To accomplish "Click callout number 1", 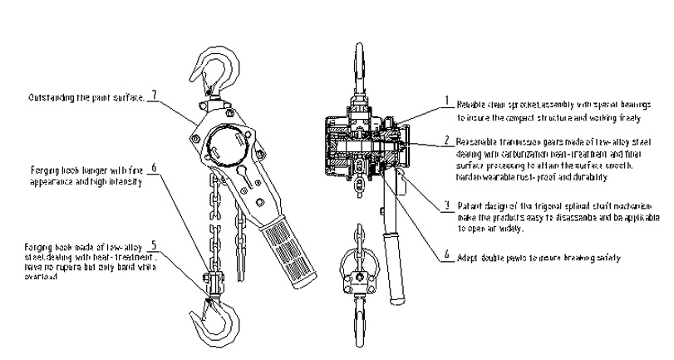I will pos(446,101).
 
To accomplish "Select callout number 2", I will pos(446,140).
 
